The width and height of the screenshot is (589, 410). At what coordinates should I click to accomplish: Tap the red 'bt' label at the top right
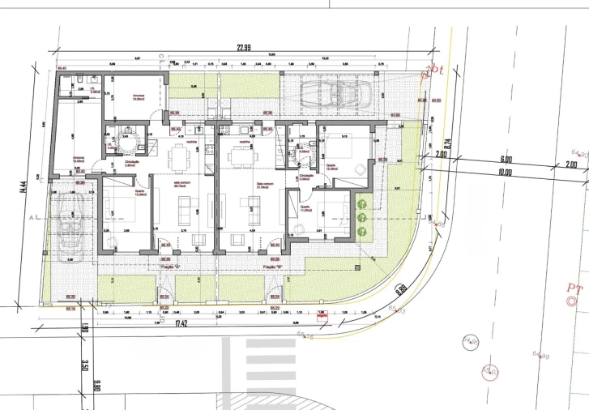[x=436, y=70]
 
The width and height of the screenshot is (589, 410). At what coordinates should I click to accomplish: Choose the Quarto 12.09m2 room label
[x=331, y=168]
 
